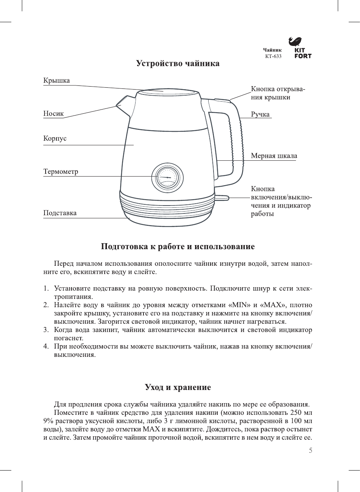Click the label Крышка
point(56,81)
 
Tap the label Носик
point(53,114)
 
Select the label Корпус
point(55,139)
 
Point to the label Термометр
point(61,172)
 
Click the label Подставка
point(60,213)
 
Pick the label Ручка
point(260,114)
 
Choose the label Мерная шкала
point(274,156)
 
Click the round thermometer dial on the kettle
point(167,178)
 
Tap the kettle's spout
point(123,102)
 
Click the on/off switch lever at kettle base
point(222,197)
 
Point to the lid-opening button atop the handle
point(222,100)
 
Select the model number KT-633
point(273,56)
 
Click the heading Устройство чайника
point(178,63)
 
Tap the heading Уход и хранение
point(178,387)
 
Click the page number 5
point(310,451)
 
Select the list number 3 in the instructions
point(46,330)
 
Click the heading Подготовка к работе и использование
point(178,247)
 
